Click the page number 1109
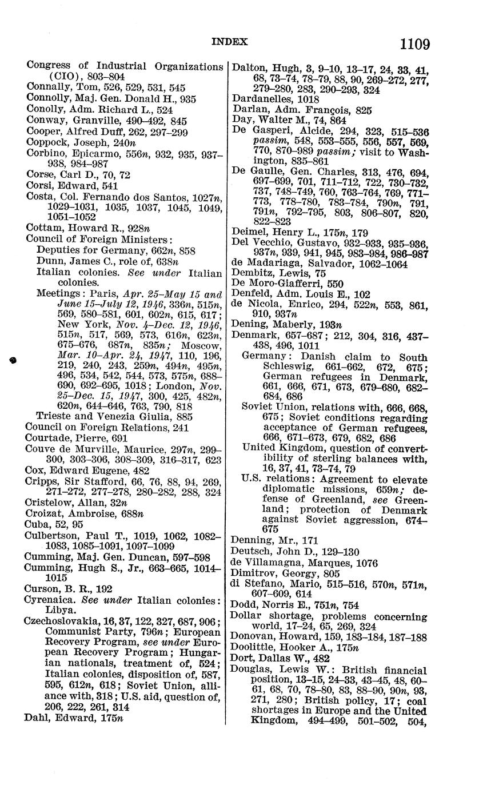click(415, 43)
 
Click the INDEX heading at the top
click(230, 41)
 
